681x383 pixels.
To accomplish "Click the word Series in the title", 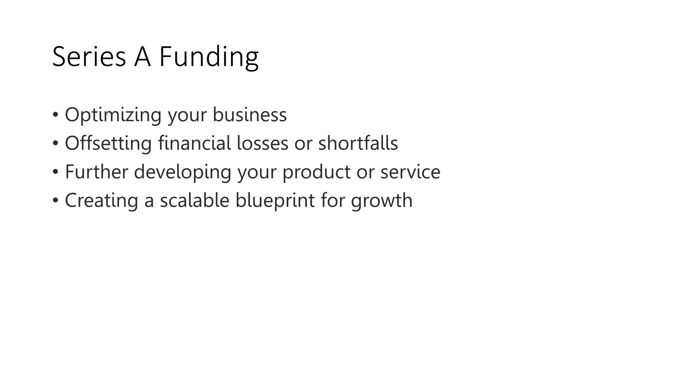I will pyautogui.click(x=89, y=57).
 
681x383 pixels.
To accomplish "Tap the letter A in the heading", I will pyautogui.click(x=142, y=57).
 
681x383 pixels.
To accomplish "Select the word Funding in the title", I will pyautogui.click(x=208, y=57).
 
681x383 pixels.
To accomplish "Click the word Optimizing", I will pyautogui.click(x=113, y=115).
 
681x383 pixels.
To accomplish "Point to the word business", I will pyautogui.click(x=249, y=115).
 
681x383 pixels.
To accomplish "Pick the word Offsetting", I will pyautogui.click(x=108, y=143).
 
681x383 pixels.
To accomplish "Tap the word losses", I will pyautogui.click(x=262, y=143).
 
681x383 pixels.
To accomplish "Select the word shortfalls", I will pyautogui.click(x=358, y=143).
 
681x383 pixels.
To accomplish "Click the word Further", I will pyautogui.click(x=96, y=172).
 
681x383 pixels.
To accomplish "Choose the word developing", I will pyautogui.click(x=182, y=172).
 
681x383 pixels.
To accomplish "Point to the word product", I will pyautogui.click(x=316, y=172).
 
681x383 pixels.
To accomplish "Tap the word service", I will pyautogui.click(x=410, y=172).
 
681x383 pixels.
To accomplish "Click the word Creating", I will pyautogui.click(x=101, y=200).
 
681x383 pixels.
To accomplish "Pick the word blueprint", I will pyautogui.click(x=275, y=200).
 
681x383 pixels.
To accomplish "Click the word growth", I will pyautogui.click(x=381, y=201).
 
